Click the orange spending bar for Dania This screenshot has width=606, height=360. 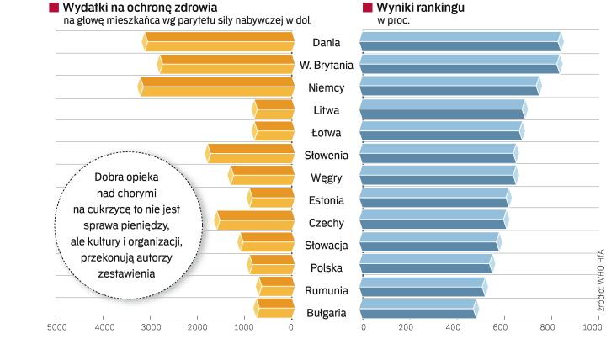(x=219, y=42)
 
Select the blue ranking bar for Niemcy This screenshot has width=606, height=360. (x=449, y=87)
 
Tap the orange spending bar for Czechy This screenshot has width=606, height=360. (x=254, y=221)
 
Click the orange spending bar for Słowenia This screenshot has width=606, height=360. (x=249, y=153)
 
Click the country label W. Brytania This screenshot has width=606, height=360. (x=327, y=64)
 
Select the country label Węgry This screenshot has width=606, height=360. (x=327, y=177)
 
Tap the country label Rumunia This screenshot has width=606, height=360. (x=327, y=290)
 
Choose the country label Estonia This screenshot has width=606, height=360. (x=327, y=200)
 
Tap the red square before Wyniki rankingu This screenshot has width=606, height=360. (x=367, y=8)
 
